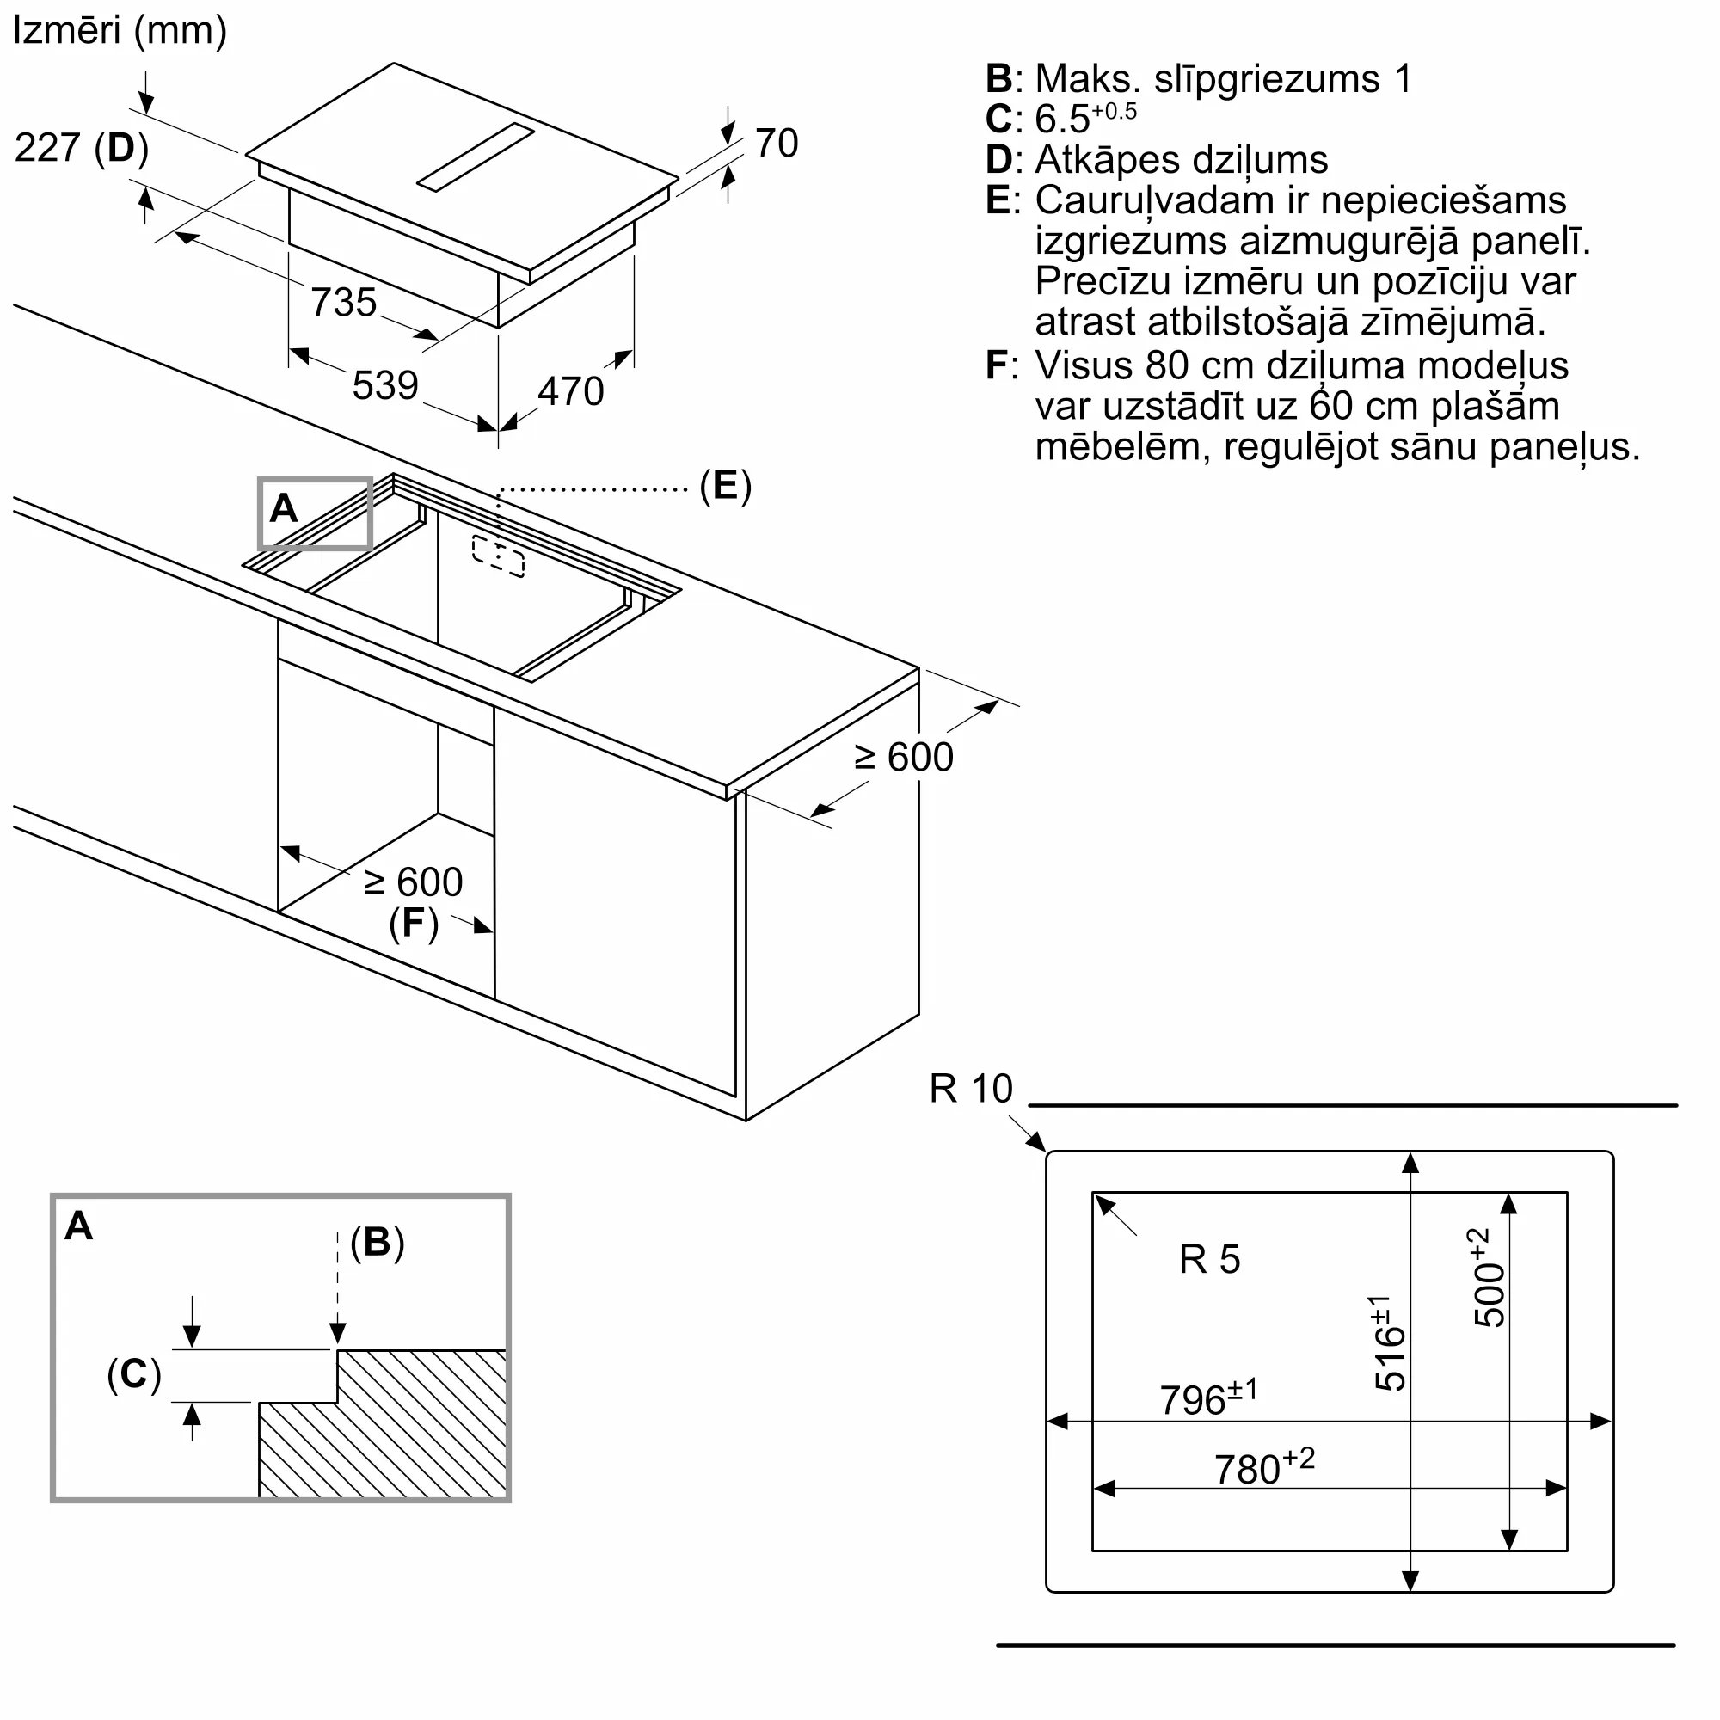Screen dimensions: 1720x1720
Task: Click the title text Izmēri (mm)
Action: click(x=120, y=31)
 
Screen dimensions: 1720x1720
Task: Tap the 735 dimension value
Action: click(x=344, y=302)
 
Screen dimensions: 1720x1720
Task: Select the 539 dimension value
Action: click(x=385, y=384)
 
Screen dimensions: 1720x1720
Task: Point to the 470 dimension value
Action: click(x=571, y=390)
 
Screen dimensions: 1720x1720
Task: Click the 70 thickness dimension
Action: click(x=777, y=143)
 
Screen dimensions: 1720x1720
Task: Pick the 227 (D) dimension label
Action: click(x=82, y=147)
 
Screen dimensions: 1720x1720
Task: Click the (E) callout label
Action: click(x=726, y=485)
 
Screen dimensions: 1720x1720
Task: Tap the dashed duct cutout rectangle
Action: click(x=498, y=556)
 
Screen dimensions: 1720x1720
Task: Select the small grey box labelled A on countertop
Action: click(x=315, y=513)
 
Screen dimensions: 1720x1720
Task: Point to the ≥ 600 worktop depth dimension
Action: click(x=904, y=757)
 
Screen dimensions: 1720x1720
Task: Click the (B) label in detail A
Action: click(x=378, y=1241)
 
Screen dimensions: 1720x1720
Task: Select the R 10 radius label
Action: click(x=970, y=1088)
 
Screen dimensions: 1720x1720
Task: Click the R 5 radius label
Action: click(x=1209, y=1259)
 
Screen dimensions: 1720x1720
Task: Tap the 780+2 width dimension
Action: click(x=1264, y=1467)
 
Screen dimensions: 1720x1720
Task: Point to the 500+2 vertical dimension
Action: click(x=1487, y=1278)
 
